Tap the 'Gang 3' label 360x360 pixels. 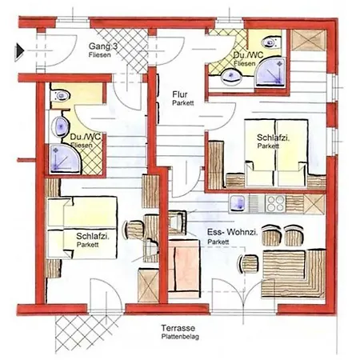(103, 46)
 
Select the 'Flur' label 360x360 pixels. (180, 94)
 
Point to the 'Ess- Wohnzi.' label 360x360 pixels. (233, 232)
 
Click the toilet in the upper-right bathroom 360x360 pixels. (271, 42)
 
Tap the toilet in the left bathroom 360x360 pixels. (61, 95)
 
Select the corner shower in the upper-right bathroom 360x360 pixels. (270, 72)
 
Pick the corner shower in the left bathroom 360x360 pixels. (65, 159)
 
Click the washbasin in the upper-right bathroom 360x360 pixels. (231, 76)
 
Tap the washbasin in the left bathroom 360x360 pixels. (60, 126)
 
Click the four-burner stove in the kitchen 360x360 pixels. (275, 204)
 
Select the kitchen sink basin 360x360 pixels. (238, 204)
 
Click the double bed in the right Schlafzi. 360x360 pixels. (276, 153)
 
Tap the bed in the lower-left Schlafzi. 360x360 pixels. (82, 228)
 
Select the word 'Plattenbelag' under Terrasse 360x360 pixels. (180, 337)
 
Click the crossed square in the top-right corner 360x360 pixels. (308, 40)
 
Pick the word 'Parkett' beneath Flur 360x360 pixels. (183, 103)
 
